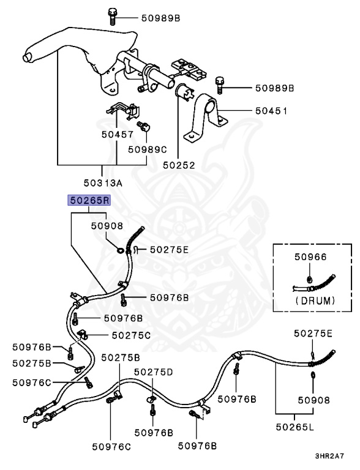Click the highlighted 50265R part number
pos(89,200)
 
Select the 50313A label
pos(102,182)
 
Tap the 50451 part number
pos(271,111)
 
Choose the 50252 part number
pos(178,165)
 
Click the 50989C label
pos(147,149)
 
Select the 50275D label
pos(154,371)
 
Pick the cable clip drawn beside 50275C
pos(84,335)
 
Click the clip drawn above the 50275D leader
pos(150,399)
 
